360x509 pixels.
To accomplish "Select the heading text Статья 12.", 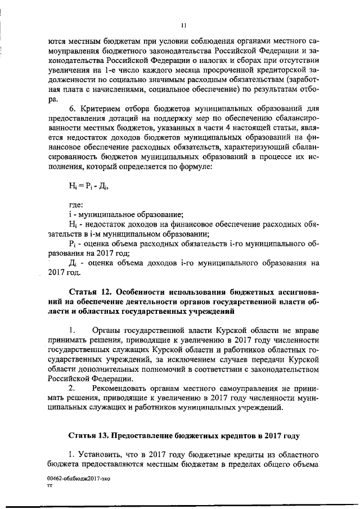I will click(x=90, y=293).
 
